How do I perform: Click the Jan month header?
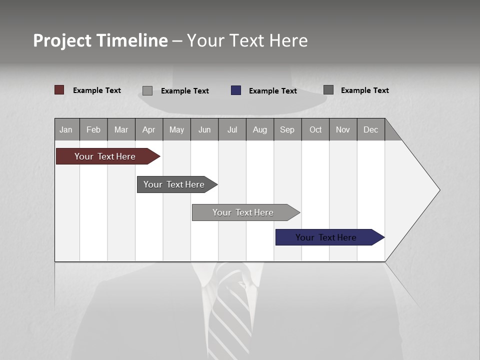66,129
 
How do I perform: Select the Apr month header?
149,129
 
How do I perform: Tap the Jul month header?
232,129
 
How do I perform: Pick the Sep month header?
287,129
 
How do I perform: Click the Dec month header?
370,129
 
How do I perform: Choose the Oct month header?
315,129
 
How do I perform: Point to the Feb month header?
93,129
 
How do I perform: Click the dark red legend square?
59,90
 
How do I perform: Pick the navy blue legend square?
236,90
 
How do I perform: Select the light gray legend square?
147,90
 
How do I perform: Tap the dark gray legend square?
328,90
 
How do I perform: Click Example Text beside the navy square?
272,91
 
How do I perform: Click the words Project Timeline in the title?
100,40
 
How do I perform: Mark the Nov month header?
342,129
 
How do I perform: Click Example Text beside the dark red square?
96,90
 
